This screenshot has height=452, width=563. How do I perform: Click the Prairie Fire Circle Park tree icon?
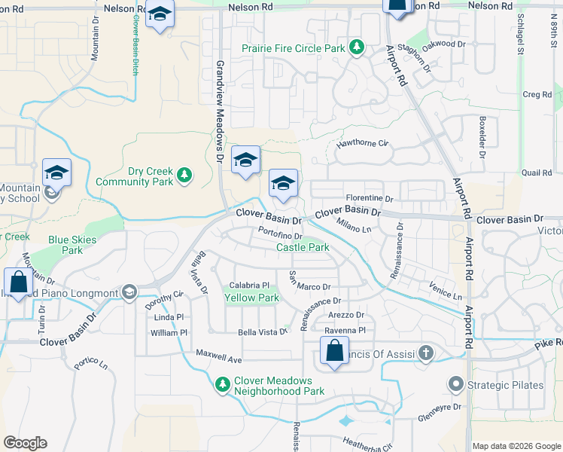click(x=357, y=49)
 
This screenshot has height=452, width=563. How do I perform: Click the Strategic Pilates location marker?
click(x=455, y=385)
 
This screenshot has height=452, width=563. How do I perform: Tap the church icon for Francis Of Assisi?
click(x=425, y=352)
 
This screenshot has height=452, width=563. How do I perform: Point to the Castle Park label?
click(x=303, y=247)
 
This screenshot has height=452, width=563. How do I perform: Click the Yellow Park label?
click(x=251, y=298)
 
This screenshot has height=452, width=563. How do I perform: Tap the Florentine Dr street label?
click(x=369, y=198)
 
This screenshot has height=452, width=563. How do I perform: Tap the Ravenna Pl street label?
click(x=345, y=331)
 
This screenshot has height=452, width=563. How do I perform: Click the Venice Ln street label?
click(x=446, y=292)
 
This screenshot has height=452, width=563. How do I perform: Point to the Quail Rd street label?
click(x=536, y=173)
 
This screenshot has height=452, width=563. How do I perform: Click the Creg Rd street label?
click(x=537, y=94)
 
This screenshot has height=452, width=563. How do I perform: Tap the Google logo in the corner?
click(x=25, y=443)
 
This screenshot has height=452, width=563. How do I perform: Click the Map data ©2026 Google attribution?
click(x=516, y=446)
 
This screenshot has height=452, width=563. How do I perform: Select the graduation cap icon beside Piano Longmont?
click(x=129, y=292)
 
